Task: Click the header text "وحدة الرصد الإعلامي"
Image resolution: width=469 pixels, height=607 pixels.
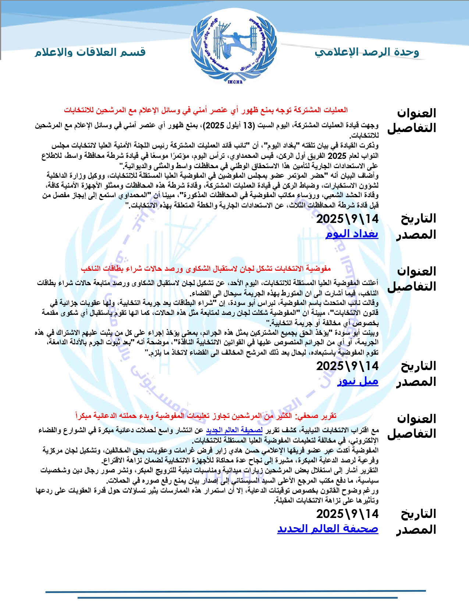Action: (x=367, y=52)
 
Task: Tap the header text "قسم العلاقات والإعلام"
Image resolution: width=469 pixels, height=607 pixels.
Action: (x=90, y=52)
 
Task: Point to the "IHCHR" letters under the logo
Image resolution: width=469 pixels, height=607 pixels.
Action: (x=235, y=82)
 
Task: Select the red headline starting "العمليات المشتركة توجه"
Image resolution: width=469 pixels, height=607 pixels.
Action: (x=206, y=110)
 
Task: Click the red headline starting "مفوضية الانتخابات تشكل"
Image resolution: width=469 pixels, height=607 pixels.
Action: (x=206, y=269)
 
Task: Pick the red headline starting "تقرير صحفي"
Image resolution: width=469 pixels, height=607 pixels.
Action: (x=206, y=416)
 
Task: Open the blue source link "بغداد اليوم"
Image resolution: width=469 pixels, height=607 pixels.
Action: (x=352, y=234)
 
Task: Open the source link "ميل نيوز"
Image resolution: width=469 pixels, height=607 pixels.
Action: (x=358, y=381)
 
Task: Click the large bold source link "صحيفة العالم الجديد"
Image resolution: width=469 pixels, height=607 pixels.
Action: (x=327, y=529)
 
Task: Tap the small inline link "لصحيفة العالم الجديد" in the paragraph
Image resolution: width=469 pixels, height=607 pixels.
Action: (x=234, y=430)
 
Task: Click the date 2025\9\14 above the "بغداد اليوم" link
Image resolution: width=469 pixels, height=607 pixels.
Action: (x=347, y=219)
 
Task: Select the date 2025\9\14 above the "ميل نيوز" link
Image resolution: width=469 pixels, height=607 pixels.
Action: (x=347, y=366)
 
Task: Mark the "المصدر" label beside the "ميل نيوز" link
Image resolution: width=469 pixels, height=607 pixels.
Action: (x=416, y=382)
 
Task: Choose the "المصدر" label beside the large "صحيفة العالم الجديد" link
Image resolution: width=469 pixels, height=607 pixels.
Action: (x=416, y=530)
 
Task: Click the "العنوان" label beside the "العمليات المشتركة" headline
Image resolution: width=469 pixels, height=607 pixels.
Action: (x=416, y=113)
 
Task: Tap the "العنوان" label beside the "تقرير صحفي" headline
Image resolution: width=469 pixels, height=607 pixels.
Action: (x=416, y=419)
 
